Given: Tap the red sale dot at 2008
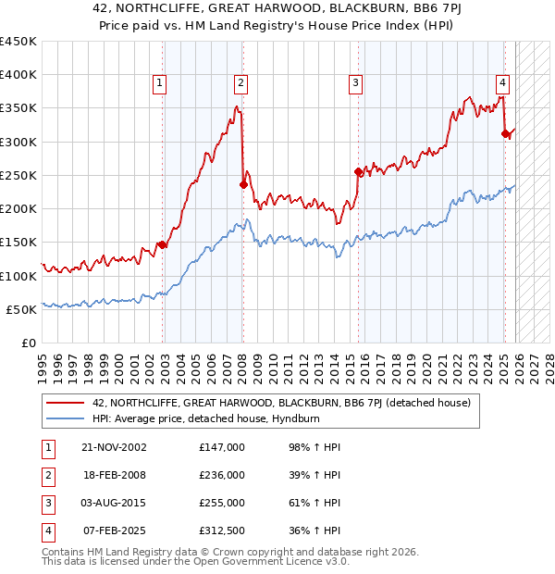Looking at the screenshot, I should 243,184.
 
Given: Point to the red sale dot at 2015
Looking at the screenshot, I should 358,171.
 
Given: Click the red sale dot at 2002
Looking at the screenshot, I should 162,244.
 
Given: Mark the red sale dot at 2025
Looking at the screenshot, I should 505,133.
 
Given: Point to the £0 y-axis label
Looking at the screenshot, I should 28,343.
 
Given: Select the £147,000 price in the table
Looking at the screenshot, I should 222,446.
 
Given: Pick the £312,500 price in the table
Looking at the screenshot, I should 222,530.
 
